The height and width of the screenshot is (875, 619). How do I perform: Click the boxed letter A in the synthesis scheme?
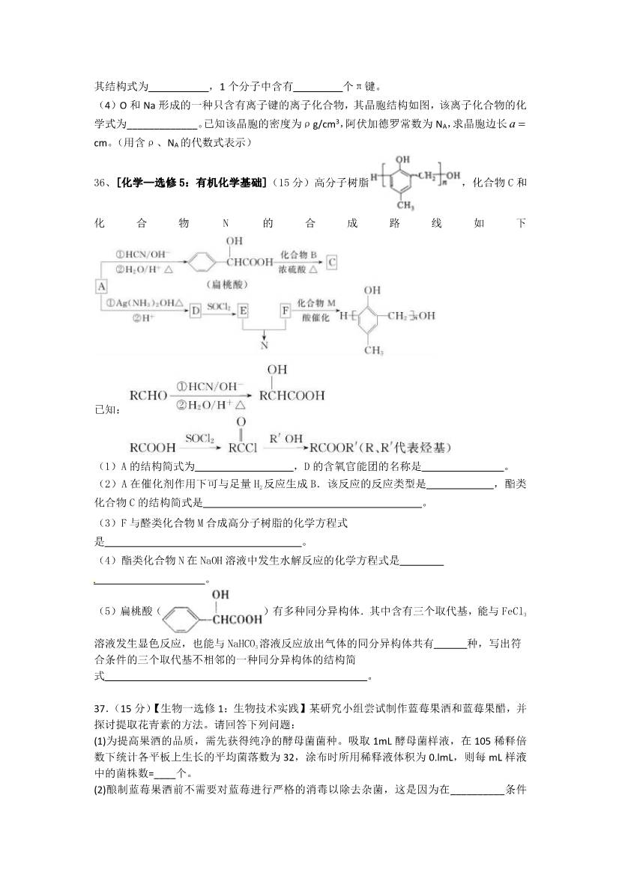click(x=102, y=286)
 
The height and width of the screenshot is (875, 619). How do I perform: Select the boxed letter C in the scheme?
click(x=332, y=262)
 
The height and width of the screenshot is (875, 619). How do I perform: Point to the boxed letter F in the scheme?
click(x=285, y=309)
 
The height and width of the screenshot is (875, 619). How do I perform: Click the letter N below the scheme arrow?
click(x=264, y=345)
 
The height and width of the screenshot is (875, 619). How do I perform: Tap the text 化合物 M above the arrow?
click(x=315, y=302)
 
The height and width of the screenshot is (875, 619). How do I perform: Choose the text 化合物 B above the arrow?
click(x=299, y=255)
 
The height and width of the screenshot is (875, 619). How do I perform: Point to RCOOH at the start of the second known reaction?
click(x=153, y=448)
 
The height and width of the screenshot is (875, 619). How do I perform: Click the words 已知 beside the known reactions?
click(x=106, y=409)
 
